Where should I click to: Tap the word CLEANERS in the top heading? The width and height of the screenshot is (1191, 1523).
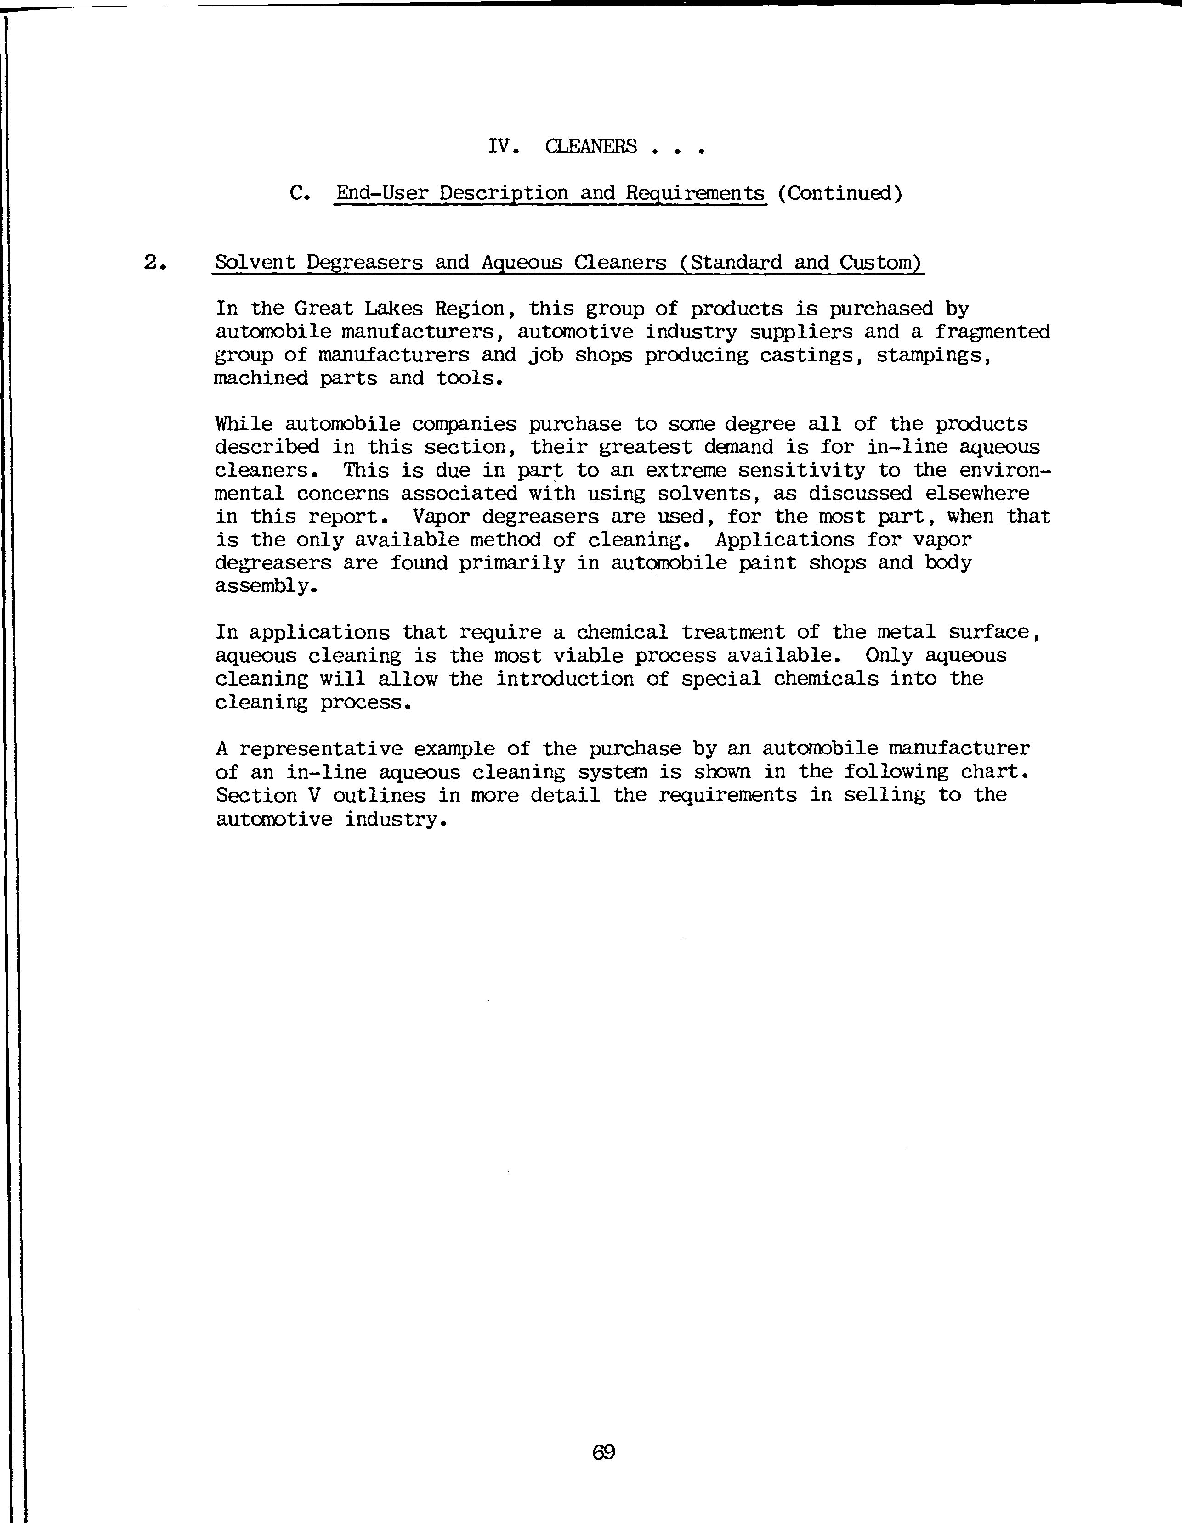(x=591, y=147)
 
